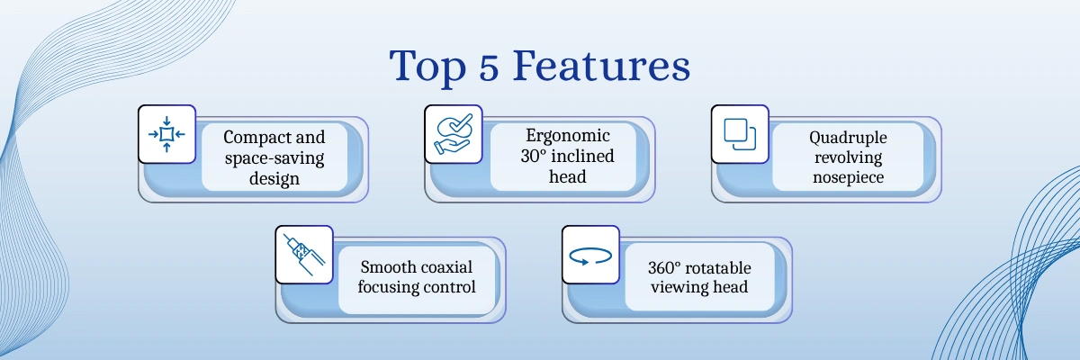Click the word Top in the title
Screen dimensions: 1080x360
point(427,67)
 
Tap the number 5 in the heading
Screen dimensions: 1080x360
point(489,67)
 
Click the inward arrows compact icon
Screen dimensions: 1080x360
point(166,134)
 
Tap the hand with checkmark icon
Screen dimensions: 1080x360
point(454,134)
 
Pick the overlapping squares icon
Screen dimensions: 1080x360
point(740,134)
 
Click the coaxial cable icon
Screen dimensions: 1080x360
point(304,255)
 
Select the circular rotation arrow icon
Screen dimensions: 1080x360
point(590,256)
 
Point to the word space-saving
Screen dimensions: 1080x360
point(274,158)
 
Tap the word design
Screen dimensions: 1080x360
point(274,178)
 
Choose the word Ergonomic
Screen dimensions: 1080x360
point(568,135)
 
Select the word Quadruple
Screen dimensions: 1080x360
point(848,138)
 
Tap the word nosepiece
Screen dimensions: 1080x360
point(848,177)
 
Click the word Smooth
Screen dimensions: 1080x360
point(388,267)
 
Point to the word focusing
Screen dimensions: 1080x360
point(388,287)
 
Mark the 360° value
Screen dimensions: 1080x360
point(664,268)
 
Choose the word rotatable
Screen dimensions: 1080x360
point(718,268)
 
